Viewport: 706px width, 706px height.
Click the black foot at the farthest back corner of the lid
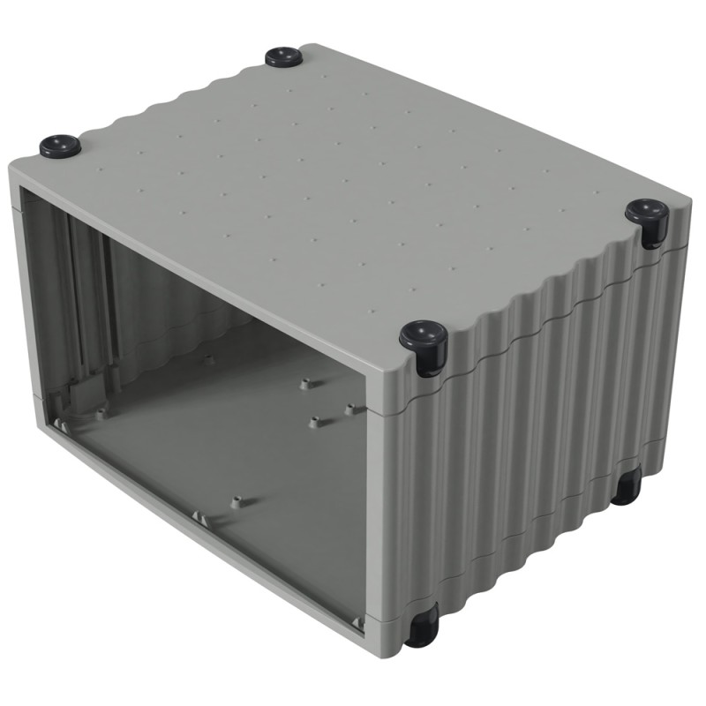(x=284, y=57)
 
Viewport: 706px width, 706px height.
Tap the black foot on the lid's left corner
(x=60, y=145)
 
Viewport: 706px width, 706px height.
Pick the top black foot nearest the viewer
(x=424, y=340)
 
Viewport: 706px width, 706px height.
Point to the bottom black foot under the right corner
(x=627, y=485)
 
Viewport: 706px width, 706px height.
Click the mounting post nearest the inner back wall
(x=209, y=359)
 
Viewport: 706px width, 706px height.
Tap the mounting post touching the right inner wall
(x=353, y=409)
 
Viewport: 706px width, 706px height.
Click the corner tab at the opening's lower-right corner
(x=358, y=623)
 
